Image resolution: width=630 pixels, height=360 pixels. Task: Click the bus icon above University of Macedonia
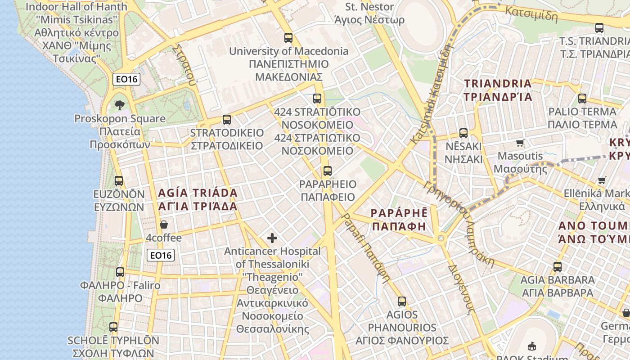[288, 38]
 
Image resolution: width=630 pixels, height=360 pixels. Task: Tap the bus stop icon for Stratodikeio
[227, 120]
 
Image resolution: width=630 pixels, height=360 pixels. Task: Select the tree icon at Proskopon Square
[120, 105]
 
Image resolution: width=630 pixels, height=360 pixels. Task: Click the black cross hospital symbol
[272, 238]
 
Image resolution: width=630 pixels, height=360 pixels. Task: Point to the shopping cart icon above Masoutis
[520, 143]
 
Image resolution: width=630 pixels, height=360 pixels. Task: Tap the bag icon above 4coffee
[164, 225]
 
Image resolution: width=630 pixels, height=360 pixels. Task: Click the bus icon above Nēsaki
[463, 133]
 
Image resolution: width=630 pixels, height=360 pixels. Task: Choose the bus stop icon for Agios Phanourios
[402, 301]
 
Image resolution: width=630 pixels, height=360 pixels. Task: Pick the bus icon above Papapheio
[328, 171]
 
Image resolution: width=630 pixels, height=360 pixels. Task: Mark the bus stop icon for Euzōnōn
[119, 181]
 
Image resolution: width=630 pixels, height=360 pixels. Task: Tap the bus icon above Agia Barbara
[558, 266]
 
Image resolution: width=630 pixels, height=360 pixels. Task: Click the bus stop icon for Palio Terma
[582, 99]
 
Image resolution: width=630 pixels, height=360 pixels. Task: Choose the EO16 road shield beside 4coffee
[161, 255]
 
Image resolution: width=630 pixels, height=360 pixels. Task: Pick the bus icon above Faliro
[120, 272]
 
